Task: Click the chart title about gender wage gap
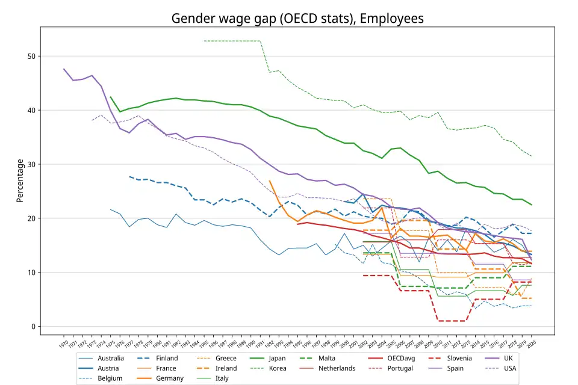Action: tap(297, 19)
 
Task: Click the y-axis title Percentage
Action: tap(20, 180)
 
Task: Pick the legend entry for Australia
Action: tap(111, 359)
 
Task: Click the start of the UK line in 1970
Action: tap(64, 69)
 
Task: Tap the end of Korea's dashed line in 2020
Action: tap(532, 156)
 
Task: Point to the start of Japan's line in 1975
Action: tap(111, 97)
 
